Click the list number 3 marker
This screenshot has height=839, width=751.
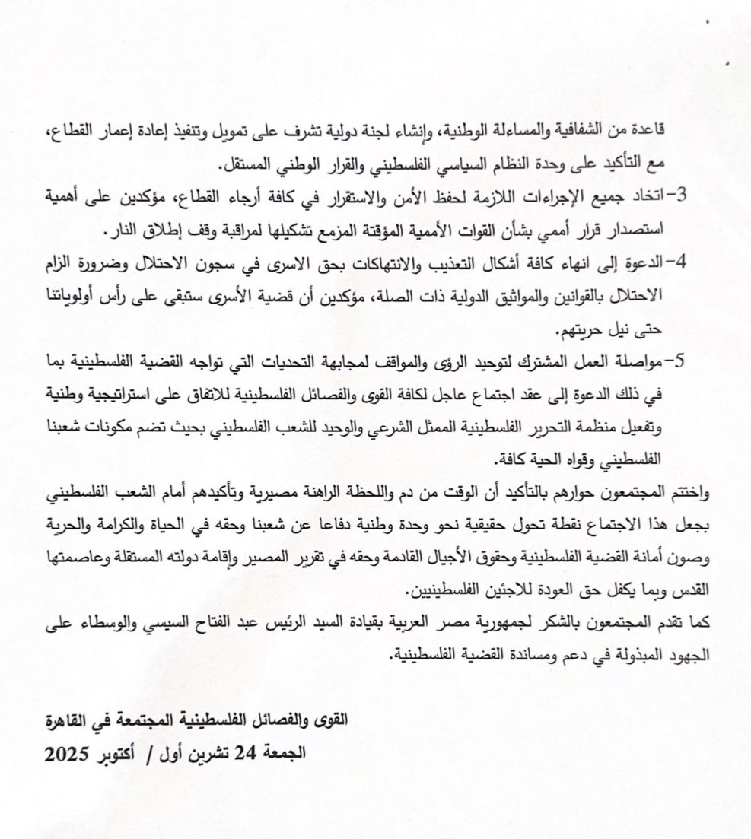coord(682,195)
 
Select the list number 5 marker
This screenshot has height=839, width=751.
coord(682,361)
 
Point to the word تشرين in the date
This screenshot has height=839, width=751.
coord(209,755)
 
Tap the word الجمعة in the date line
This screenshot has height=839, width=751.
coord(284,755)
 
